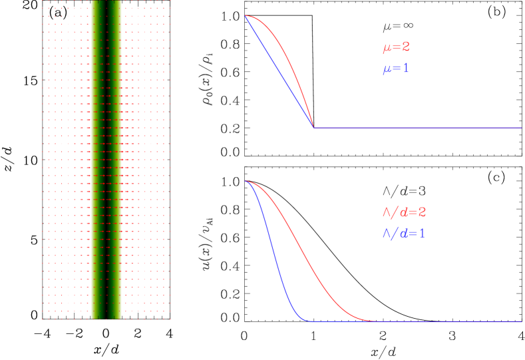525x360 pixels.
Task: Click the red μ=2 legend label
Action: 396,48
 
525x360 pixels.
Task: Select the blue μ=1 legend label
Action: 396,69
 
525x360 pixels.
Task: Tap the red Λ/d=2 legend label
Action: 403,212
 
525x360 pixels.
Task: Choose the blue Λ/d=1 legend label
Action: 403,234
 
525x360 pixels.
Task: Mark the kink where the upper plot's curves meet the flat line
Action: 313,127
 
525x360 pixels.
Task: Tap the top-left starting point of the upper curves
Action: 246,15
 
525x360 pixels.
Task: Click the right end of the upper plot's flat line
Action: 521,127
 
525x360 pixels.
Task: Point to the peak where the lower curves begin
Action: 246,181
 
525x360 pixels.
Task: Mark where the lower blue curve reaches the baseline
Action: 306,321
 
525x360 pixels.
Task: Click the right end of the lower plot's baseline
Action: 521,321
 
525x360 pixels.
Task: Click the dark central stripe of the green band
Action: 106,160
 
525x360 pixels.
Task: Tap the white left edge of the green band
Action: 92,160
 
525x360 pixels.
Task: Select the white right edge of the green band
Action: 121,160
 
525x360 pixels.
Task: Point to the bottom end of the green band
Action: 106,317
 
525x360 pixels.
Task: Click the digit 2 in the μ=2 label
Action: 406,48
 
